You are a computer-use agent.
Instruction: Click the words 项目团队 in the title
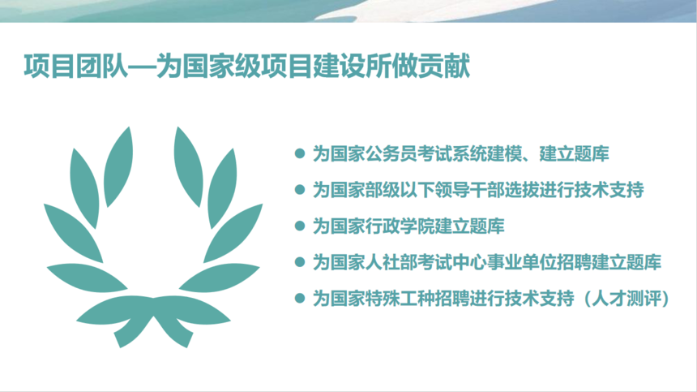click(x=75, y=67)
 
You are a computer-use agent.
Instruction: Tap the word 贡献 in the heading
click(x=444, y=67)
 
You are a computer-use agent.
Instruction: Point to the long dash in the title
click(x=142, y=67)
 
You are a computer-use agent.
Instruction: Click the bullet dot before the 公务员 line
click(x=300, y=153)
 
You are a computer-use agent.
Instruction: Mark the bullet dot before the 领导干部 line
click(x=300, y=190)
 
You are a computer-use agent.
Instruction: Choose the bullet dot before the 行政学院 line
click(x=300, y=226)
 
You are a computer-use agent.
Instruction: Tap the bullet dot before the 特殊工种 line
click(x=300, y=298)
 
